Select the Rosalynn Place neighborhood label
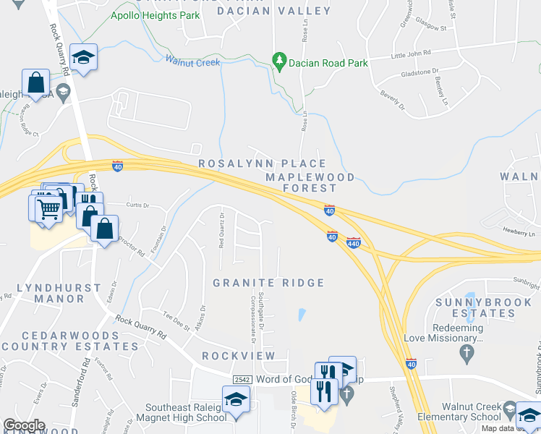[x=263, y=164]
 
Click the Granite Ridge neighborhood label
[x=268, y=282]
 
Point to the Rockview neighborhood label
[x=239, y=356]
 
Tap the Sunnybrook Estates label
[x=475, y=307]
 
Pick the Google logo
[x=24, y=425]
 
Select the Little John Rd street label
[x=410, y=54]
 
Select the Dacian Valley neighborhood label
[x=284, y=11]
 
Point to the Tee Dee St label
[x=176, y=316]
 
